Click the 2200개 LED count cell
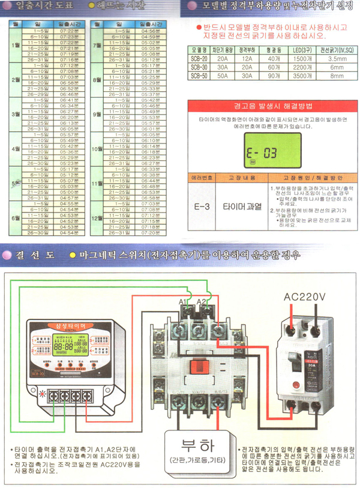pyautogui.click(x=302, y=67)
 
